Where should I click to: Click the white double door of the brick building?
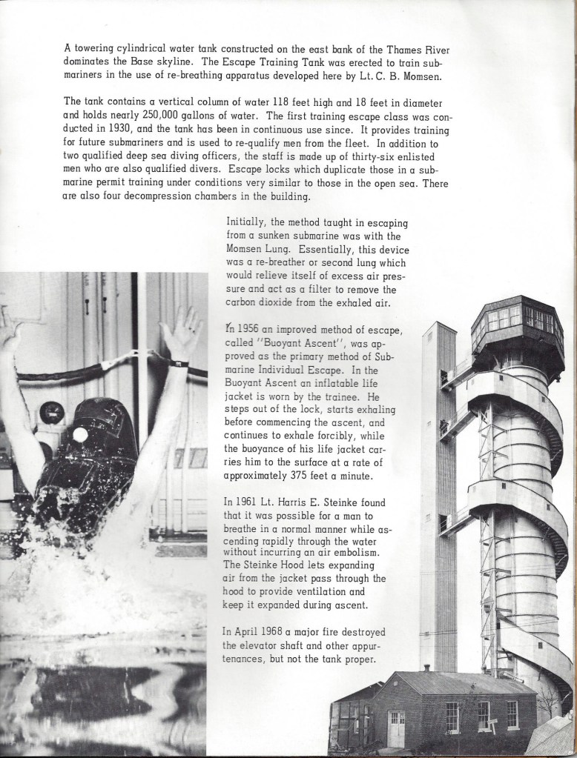(398, 728)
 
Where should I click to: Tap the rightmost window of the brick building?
(512, 714)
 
